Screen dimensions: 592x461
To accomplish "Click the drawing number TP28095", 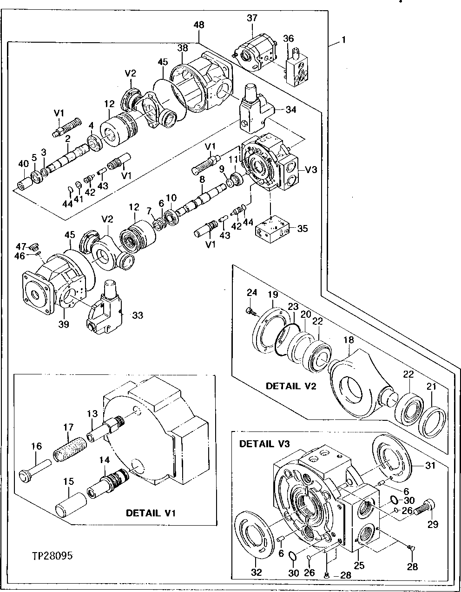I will pos(52,555).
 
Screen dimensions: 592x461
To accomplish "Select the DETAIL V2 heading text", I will pos(291,386).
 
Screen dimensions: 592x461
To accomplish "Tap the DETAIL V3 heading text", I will pos(264,444).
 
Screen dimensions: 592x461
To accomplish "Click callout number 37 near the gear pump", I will pos(252,18).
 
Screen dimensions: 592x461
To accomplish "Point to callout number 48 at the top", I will pos(198,25).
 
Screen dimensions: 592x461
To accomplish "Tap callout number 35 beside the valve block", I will pos(302,228).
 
